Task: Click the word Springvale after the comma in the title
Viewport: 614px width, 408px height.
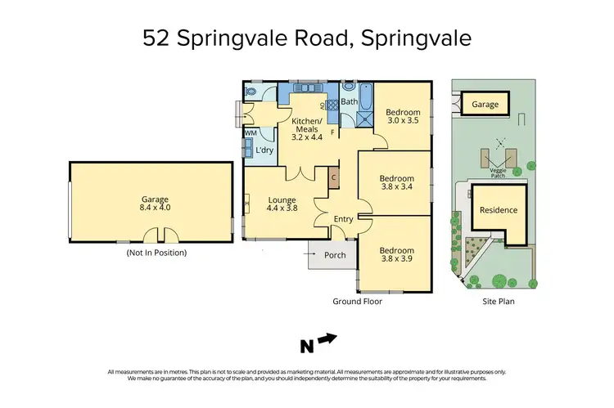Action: [414, 38]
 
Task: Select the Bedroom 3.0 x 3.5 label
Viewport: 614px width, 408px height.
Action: [402, 116]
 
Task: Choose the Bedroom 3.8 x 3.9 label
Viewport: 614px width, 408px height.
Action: [395, 255]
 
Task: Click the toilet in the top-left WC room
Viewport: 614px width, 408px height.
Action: [251, 92]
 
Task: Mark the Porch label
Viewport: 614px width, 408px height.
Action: [335, 256]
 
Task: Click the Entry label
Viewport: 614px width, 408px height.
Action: [344, 218]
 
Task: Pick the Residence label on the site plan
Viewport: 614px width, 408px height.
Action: [499, 210]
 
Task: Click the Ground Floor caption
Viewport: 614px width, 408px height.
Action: [357, 302]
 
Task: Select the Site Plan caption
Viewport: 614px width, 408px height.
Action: [495, 302]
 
